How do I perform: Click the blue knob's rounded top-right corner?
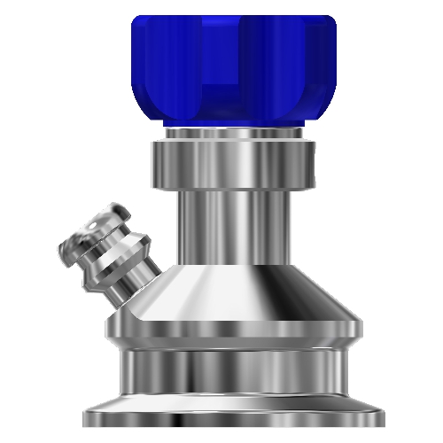330,22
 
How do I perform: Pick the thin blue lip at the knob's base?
235,122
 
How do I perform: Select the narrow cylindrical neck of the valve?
235,226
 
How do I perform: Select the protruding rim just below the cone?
235,333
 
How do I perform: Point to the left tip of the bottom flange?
86,416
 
